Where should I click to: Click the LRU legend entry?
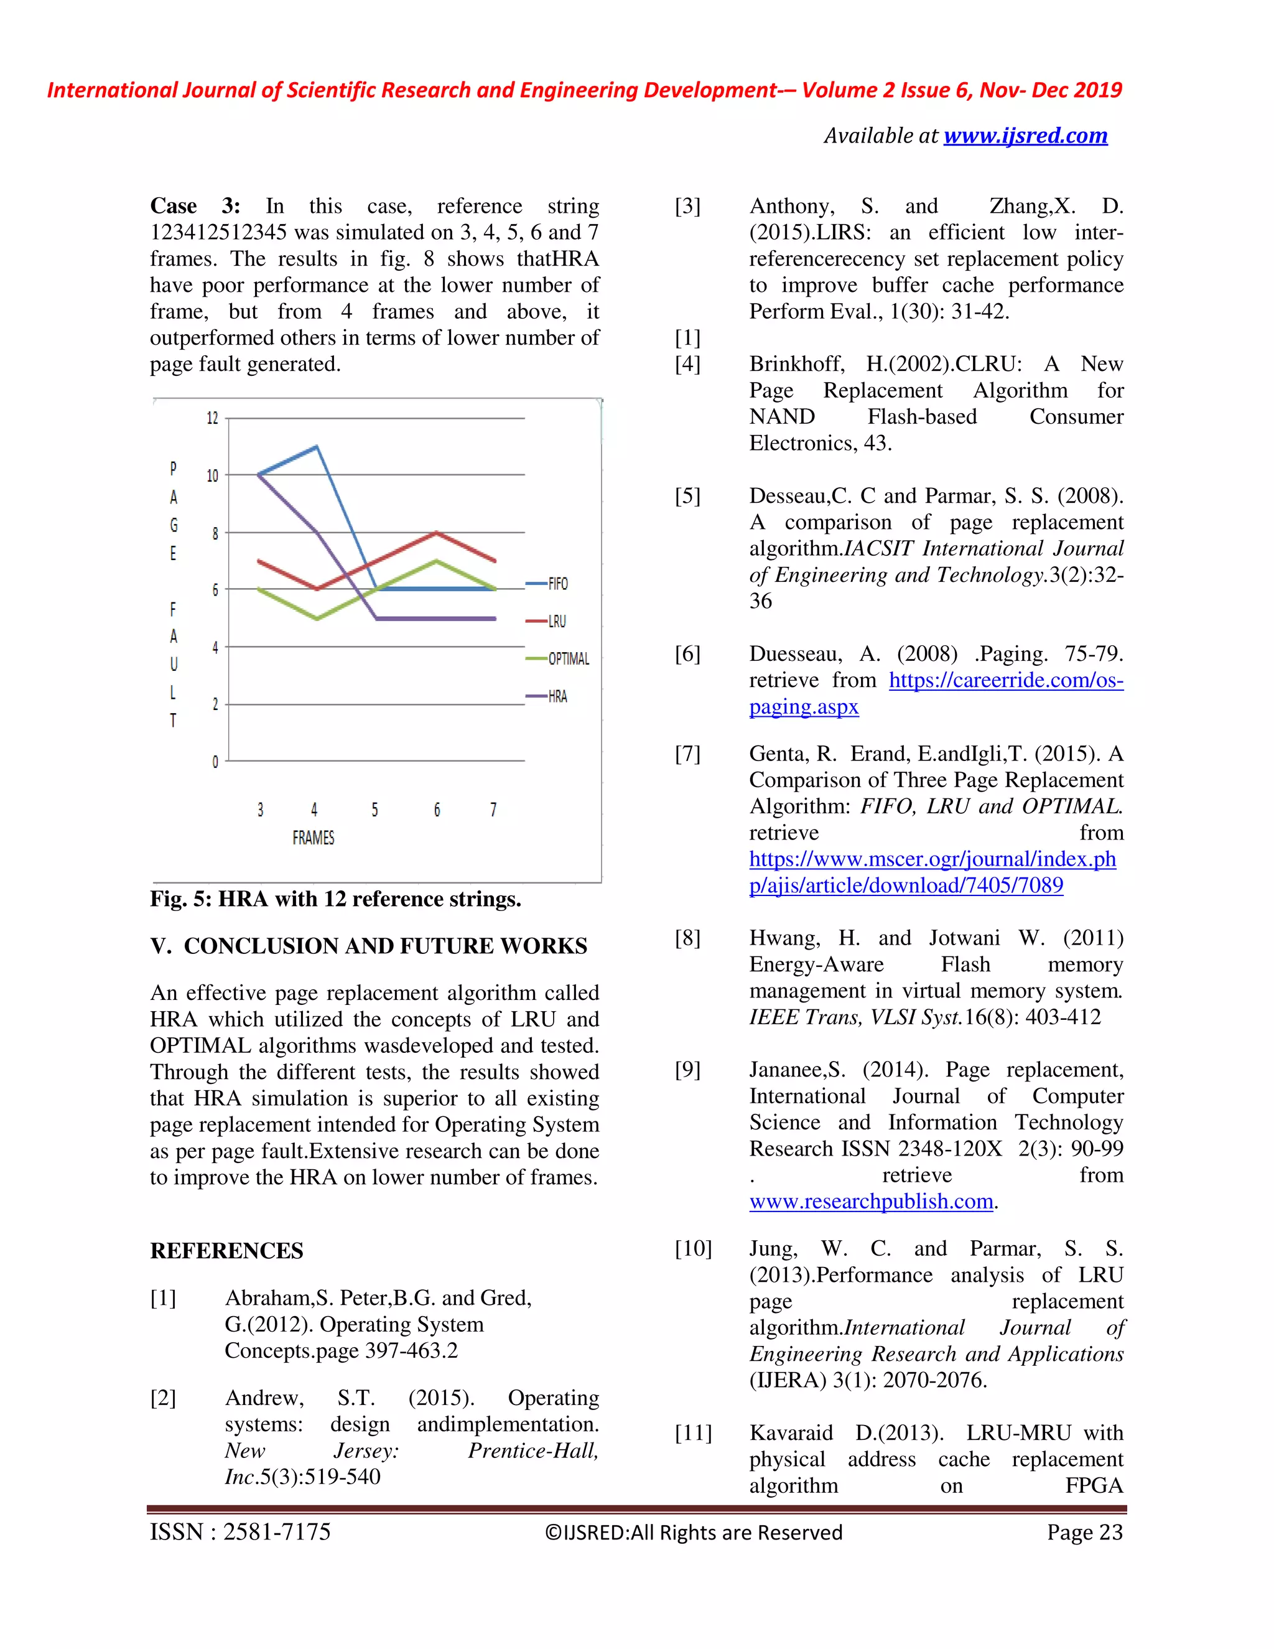click(x=556, y=622)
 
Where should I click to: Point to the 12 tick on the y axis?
click(x=212, y=418)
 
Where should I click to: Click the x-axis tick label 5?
click(x=375, y=810)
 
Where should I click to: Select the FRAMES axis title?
click(x=314, y=838)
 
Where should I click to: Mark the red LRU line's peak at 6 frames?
click(x=436, y=533)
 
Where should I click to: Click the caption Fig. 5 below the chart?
click(x=335, y=899)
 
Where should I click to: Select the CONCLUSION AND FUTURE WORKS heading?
click(x=385, y=946)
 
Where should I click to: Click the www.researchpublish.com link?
click(x=871, y=1201)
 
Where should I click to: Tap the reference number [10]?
click(x=693, y=1249)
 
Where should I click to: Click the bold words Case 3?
click(x=195, y=206)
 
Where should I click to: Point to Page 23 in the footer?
click(x=1084, y=1532)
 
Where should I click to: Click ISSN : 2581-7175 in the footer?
click(x=240, y=1532)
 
